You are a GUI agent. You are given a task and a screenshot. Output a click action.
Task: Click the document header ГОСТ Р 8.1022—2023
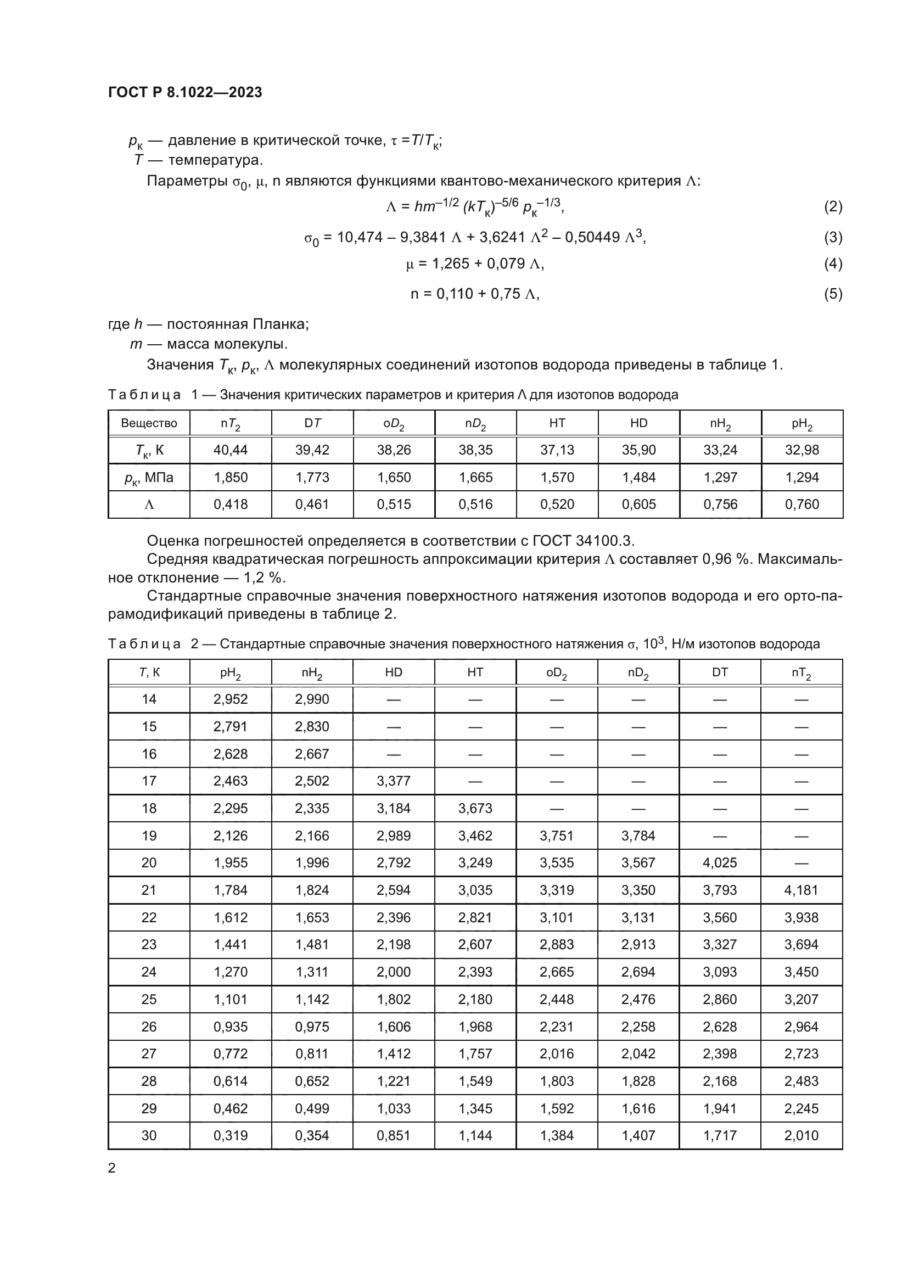pyautogui.click(x=185, y=92)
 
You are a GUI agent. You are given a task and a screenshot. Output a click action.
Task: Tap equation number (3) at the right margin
pyautogui.click(x=833, y=237)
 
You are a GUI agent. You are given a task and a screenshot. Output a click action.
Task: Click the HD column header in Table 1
pyautogui.click(x=638, y=423)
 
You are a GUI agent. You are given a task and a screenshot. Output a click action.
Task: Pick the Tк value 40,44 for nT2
pyautogui.click(x=231, y=450)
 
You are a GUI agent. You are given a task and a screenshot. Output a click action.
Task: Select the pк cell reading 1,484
pyautogui.click(x=638, y=477)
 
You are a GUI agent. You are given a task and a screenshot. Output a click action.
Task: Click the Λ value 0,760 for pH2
pyautogui.click(x=801, y=504)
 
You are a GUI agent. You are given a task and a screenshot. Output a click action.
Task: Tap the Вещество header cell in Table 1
pyautogui.click(x=149, y=423)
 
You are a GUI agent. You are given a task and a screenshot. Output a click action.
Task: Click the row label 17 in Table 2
pyautogui.click(x=149, y=781)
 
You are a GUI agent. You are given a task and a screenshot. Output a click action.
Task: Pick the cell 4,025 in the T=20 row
pyautogui.click(x=720, y=862)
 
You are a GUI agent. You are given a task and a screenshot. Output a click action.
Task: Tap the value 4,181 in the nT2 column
pyautogui.click(x=801, y=890)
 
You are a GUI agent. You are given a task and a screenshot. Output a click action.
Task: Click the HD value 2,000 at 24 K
pyautogui.click(x=394, y=972)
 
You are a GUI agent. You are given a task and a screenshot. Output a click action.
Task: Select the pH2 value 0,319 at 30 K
pyautogui.click(x=231, y=1135)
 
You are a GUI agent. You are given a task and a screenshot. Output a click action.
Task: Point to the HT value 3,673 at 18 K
pyautogui.click(x=475, y=808)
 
